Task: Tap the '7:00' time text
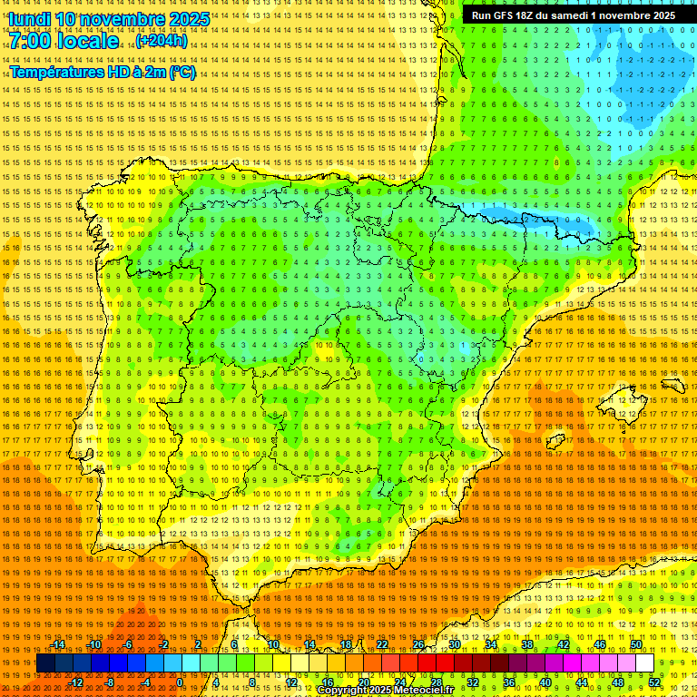[34, 41]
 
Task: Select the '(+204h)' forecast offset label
[162, 41]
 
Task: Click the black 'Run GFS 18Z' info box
[572, 15]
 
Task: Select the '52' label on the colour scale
[654, 682]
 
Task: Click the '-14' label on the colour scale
[58, 644]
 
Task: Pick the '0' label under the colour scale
[180, 682]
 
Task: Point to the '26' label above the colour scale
[418, 644]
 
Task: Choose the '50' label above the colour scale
[636, 644]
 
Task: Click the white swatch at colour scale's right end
[645, 663]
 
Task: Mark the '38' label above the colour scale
[527, 644]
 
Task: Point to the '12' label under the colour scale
[291, 682]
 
